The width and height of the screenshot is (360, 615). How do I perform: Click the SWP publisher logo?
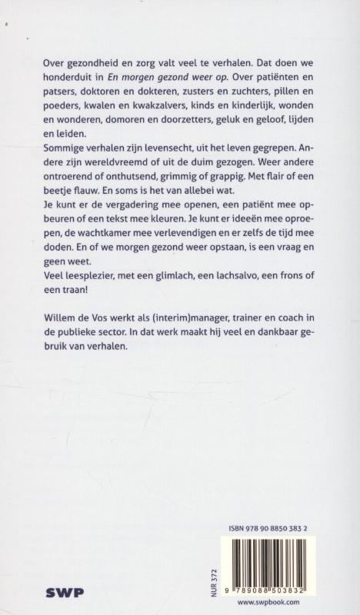tap(68, 593)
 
